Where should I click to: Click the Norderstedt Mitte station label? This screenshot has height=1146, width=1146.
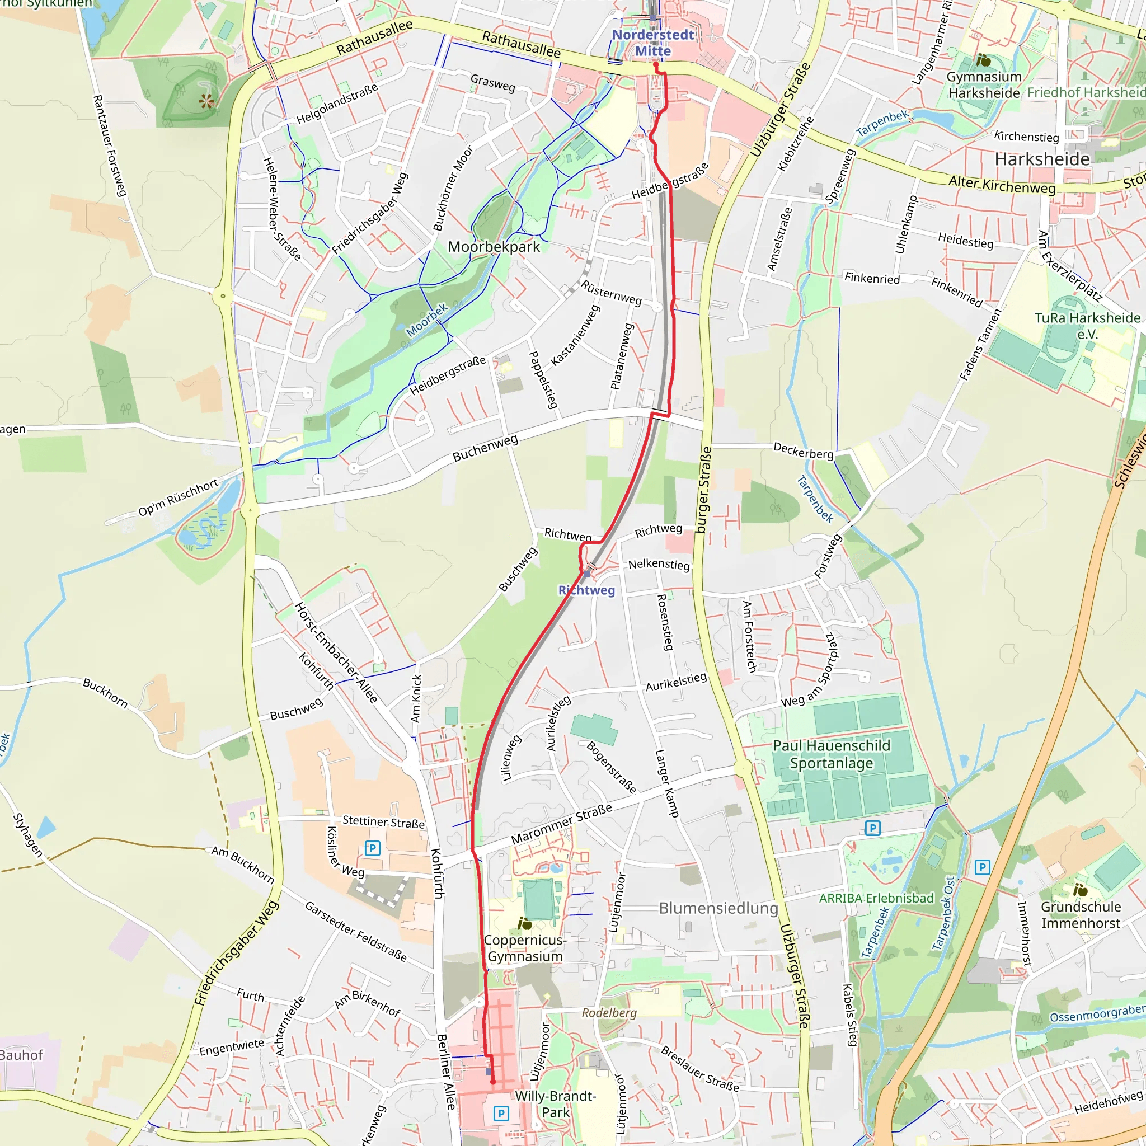652,43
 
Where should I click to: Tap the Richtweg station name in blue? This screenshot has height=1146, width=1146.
586,590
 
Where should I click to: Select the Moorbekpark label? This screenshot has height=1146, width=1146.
494,247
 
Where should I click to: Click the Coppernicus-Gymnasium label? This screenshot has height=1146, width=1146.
525,948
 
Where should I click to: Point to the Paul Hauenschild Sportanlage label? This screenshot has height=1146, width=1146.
831,754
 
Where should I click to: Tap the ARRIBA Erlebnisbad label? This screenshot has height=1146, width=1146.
876,898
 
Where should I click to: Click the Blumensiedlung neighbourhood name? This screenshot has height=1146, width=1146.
718,908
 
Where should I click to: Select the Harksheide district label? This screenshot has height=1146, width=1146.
1041,159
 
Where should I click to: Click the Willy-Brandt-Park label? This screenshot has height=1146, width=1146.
555,1104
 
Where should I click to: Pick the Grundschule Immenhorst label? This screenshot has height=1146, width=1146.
1081,915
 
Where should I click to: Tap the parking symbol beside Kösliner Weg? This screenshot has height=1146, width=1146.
372,848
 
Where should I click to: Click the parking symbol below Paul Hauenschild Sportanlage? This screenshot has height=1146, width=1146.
872,828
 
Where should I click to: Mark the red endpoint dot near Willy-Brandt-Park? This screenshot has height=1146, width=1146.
493,1082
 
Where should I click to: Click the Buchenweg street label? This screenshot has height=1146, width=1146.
485,448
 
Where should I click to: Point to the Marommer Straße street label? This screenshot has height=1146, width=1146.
561,824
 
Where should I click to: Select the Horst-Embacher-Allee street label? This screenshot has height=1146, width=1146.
336,652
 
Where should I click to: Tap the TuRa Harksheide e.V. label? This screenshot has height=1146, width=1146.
1087,325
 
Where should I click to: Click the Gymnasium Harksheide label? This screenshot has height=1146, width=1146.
984,85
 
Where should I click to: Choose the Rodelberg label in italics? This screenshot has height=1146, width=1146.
609,1013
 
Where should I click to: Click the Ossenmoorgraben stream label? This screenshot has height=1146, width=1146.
1097,1014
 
